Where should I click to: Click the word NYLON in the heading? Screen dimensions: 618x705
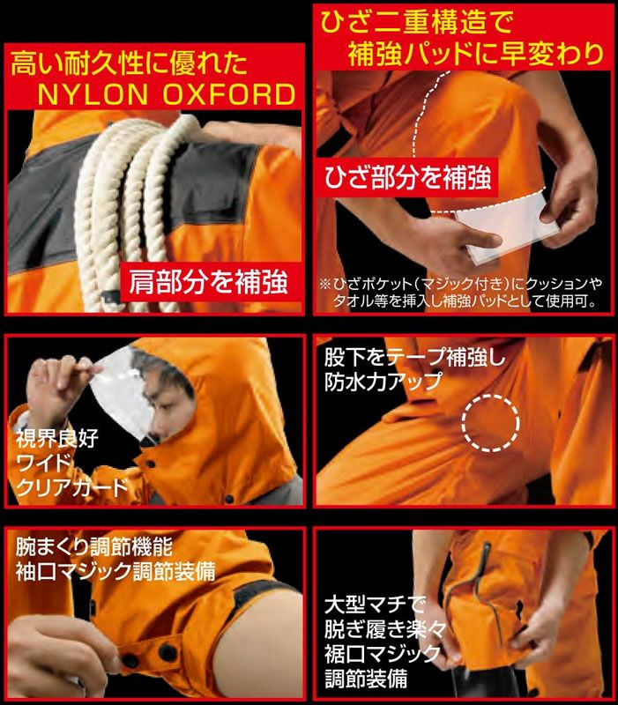click(x=93, y=94)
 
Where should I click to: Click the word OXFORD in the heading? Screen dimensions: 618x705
click(x=228, y=94)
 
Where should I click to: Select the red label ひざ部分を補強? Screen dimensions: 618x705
click(x=407, y=177)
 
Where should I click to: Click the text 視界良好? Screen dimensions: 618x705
click(x=56, y=438)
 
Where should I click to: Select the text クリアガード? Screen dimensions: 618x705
click(x=72, y=487)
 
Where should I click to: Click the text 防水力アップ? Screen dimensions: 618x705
click(x=383, y=382)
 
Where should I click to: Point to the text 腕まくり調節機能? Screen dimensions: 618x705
click(x=94, y=546)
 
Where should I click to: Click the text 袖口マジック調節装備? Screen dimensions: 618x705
click(x=115, y=571)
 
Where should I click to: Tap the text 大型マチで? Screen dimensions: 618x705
click(x=375, y=605)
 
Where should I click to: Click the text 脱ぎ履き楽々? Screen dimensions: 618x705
click(x=385, y=629)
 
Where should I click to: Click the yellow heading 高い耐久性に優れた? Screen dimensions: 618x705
click(x=129, y=63)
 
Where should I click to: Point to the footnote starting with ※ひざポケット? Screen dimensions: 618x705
click(x=460, y=293)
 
